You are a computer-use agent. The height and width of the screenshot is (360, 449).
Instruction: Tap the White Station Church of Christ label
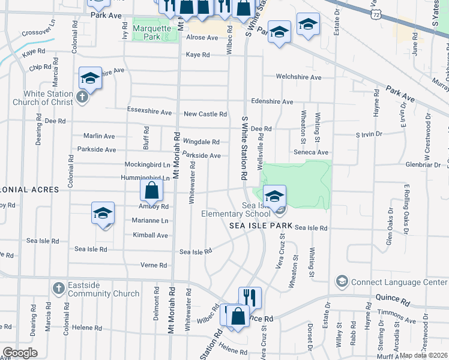coord(48,98)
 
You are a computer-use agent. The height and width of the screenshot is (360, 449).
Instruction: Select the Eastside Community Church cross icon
coord(58,288)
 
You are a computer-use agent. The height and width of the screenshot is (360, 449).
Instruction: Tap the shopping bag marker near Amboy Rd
coord(152,191)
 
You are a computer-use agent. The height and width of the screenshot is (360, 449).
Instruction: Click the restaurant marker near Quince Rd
coord(250,298)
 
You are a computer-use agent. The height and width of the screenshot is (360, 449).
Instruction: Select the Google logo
coord(20,353)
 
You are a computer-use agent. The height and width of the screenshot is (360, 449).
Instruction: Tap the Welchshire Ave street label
coord(298,77)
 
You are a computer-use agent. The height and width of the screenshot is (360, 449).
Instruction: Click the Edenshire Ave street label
coord(273,101)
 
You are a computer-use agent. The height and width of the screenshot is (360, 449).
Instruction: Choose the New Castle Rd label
coord(205,114)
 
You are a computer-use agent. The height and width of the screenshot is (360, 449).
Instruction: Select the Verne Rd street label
coord(154,265)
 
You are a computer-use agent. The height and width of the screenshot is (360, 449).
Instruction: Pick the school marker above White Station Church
coord(90,78)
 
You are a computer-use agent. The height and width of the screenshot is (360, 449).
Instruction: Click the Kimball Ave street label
coord(151,235)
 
